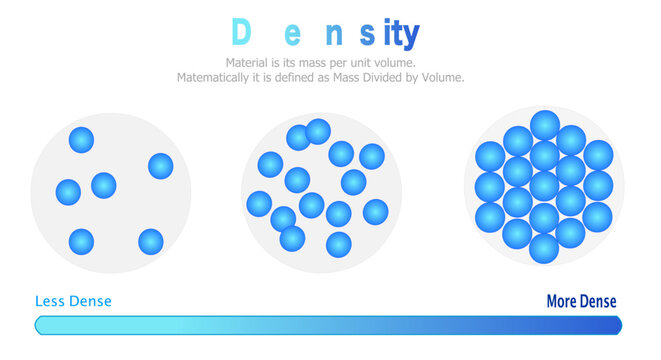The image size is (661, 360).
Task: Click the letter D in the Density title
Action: point(240,33)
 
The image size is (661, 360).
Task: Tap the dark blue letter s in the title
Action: point(368,35)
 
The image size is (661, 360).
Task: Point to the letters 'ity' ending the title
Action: point(400,35)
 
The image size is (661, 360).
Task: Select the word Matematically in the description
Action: point(217,78)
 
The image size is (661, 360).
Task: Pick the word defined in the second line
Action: point(297,78)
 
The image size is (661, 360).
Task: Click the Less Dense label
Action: point(73,301)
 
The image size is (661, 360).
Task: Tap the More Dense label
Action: point(581,301)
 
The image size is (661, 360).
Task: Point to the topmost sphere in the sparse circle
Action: point(81,140)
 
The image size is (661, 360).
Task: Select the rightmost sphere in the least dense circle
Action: point(160,166)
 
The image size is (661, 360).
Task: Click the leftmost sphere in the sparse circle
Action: point(68,191)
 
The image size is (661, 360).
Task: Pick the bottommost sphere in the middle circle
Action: point(339,244)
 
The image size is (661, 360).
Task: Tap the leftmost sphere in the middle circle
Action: point(259,203)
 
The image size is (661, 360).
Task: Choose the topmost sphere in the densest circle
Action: point(544,125)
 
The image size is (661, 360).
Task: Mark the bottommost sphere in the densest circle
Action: point(544,248)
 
